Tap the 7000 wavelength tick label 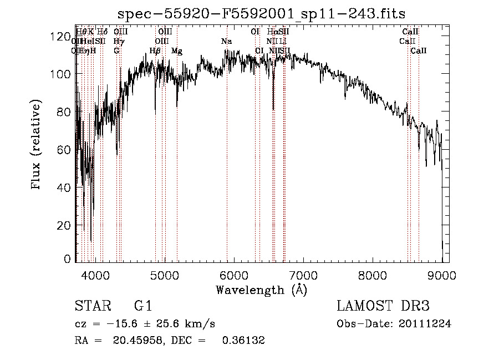click(303, 273)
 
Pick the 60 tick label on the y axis click(64, 150)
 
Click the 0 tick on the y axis click(68, 259)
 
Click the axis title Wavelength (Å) click(261, 290)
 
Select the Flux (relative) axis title click(37, 145)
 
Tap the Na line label click(226, 42)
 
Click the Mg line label click(177, 51)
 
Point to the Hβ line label click(155, 51)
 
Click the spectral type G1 click(142, 306)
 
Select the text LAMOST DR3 click(383, 306)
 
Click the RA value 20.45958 click(135, 341)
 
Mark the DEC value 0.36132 click(243, 341)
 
